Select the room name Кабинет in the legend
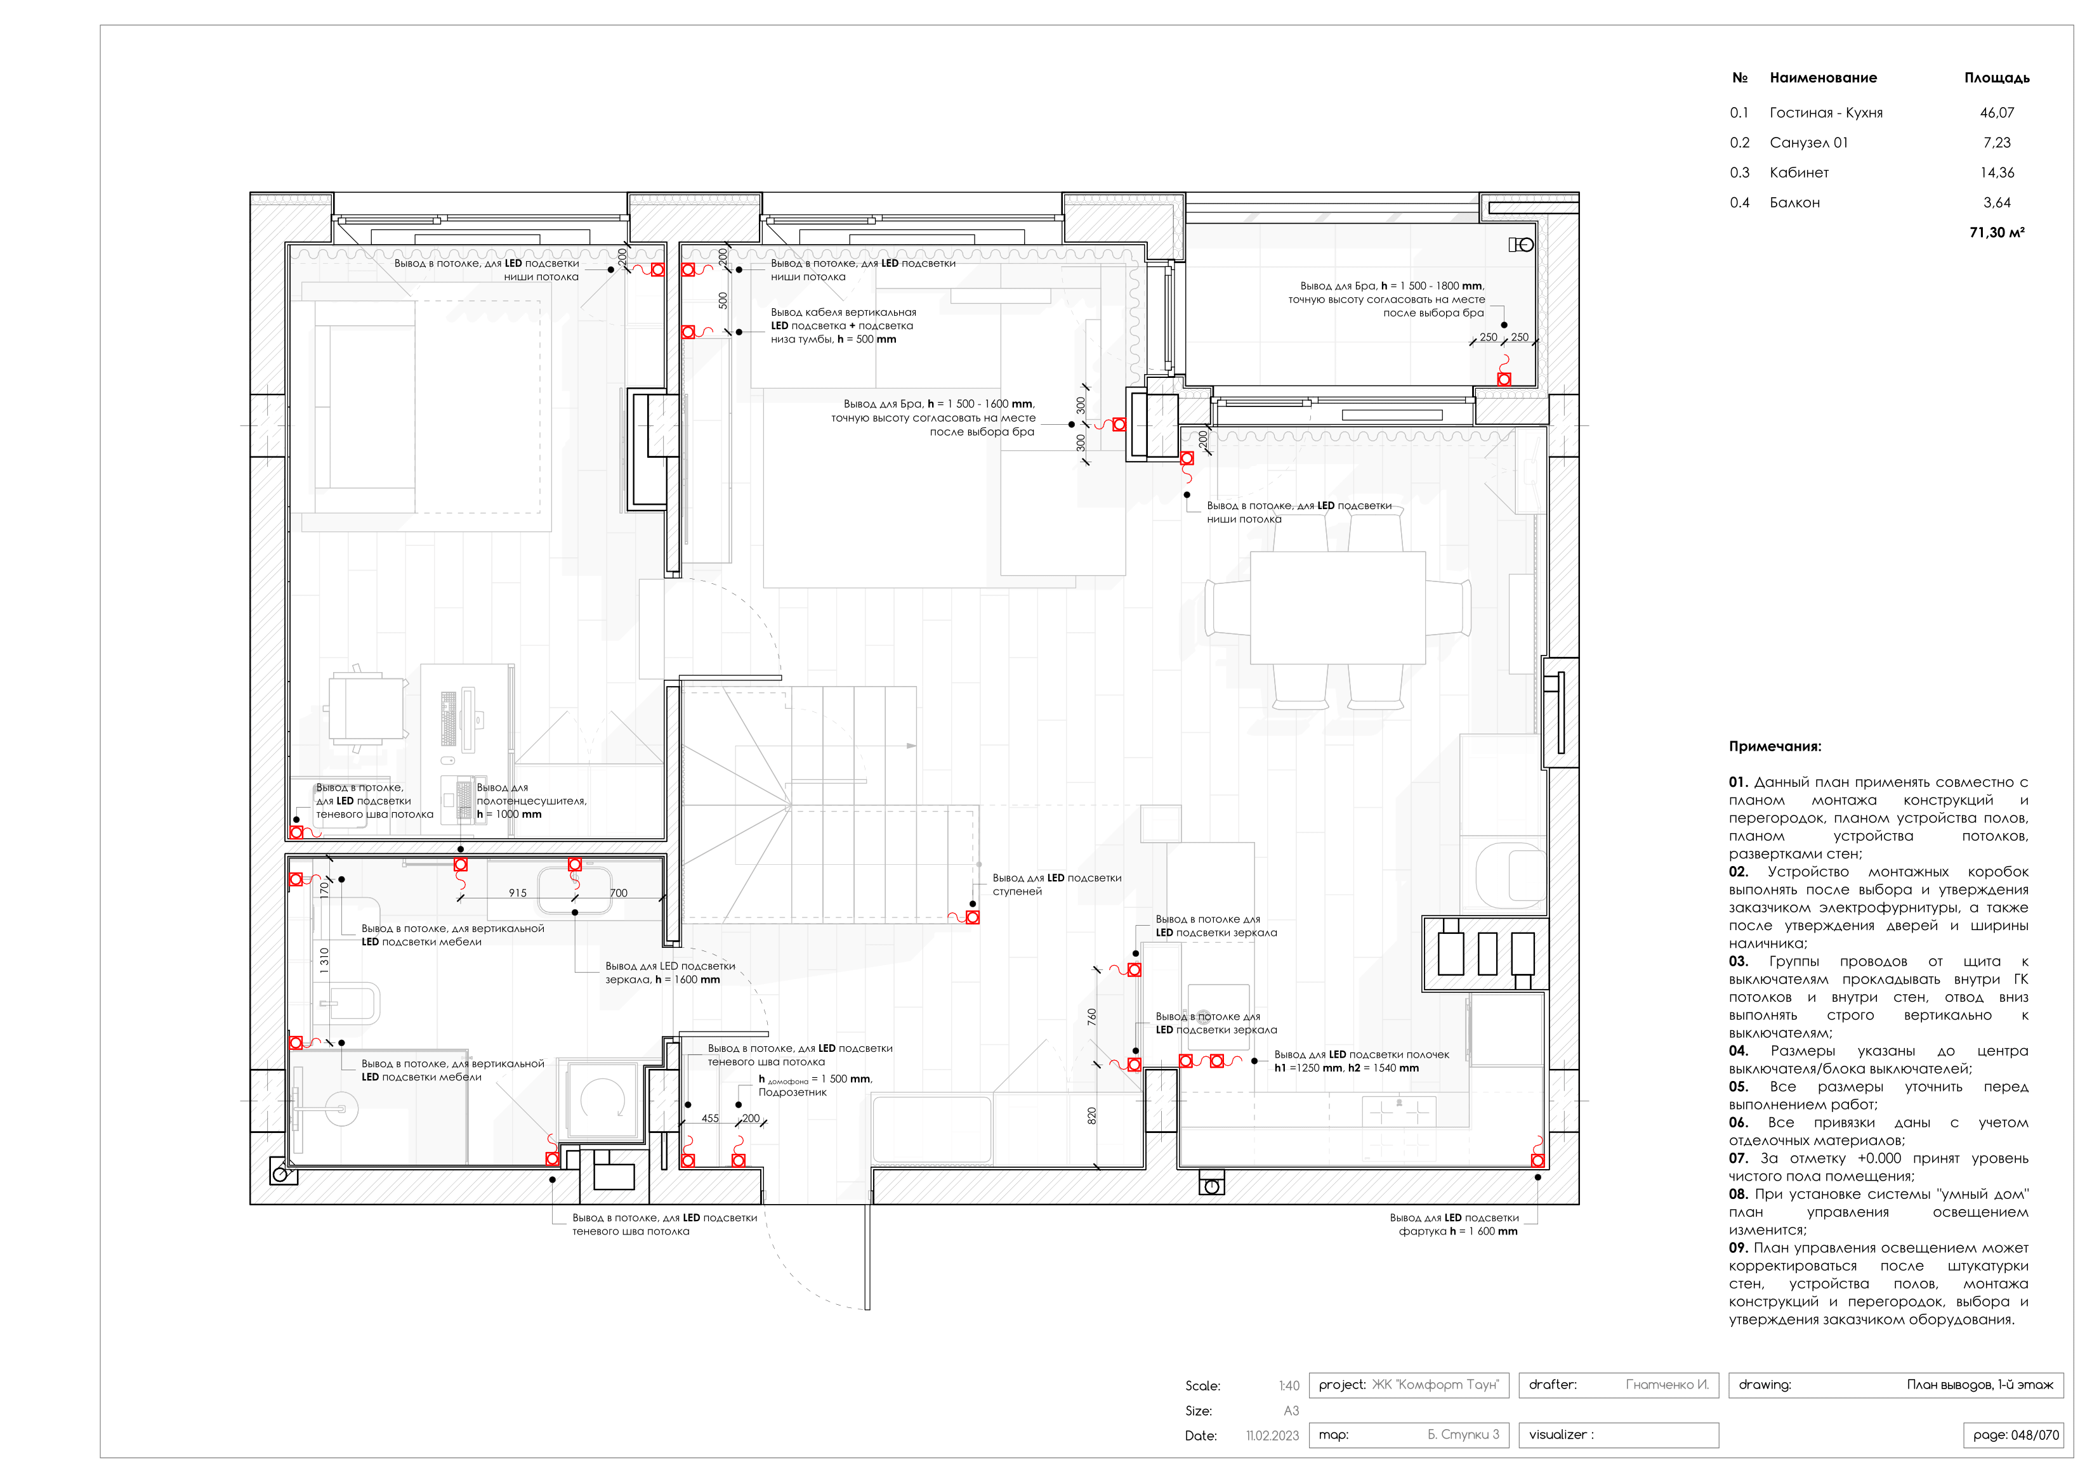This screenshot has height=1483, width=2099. (x=1798, y=172)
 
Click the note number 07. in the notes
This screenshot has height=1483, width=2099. (x=1738, y=1158)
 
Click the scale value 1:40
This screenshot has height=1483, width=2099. (x=1288, y=1386)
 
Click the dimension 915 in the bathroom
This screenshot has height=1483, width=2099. (x=517, y=893)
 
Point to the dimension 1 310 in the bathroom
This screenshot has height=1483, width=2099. (x=324, y=961)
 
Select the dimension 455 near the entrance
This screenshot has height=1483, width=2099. (x=710, y=1118)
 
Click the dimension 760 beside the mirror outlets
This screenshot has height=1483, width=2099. (x=1091, y=1016)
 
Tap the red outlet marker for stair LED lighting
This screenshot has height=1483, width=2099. (x=973, y=917)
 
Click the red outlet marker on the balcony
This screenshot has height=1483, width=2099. (x=1504, y=379)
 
